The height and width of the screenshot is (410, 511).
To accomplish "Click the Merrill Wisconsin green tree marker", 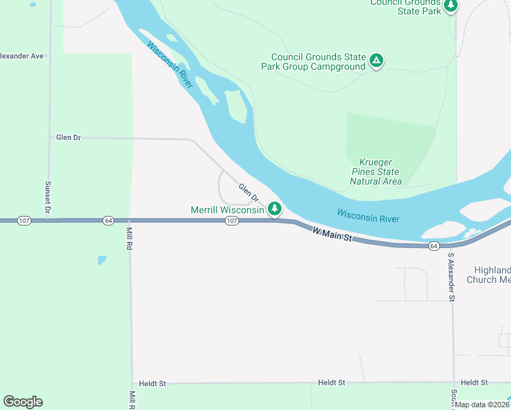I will click(x=274, y=208).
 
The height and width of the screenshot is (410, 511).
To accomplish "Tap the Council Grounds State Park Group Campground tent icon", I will click(x=376, y=61).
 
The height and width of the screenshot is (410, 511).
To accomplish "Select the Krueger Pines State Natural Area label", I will click(x=375, y=172).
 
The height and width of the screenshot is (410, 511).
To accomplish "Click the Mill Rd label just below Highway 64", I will click(x=128, y=238).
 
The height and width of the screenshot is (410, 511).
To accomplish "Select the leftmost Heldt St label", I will click(x=152, y=384).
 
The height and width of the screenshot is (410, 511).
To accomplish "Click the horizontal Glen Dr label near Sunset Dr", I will click(x=68, y=137).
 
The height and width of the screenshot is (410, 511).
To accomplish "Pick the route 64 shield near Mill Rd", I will click(x=108, y=221).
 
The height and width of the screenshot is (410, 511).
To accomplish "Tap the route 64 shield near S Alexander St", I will click(x=433, y=245).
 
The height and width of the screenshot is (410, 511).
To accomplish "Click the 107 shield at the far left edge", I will click(x=25, y=221).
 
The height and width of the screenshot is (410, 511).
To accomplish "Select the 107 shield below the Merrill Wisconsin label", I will click(x=232, y=221).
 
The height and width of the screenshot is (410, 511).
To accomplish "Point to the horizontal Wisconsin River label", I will click(x=368, y=216).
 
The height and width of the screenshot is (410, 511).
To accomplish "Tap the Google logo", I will click(x=23, y=402).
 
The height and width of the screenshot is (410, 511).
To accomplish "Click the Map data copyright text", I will click(x=482, y=405).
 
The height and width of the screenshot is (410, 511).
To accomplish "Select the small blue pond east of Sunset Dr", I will click(x=102, y=260).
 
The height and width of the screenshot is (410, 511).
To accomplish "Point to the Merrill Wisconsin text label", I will click(x=227, y=210).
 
